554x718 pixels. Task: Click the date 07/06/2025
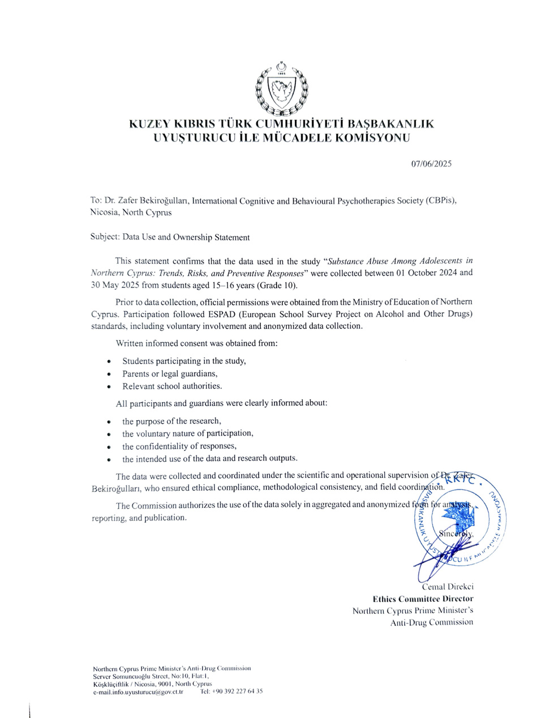[x=431, y=164]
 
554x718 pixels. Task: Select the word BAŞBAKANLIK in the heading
[x=390, y=124]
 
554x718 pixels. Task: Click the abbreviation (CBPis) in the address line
[x=441, y=200]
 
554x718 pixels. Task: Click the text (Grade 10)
[x=277, y=285]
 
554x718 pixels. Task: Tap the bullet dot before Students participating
[x=109, y=362]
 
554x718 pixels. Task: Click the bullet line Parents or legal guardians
[x=170, y=374]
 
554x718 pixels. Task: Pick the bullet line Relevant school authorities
[x=172, y=386]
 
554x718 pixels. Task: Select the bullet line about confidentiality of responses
[x=179, y=446]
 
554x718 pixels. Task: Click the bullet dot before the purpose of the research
[x=109, y=422]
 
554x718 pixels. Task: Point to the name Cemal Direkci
[x=448, y=587]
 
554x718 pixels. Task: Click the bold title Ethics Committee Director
[x=423, y=599]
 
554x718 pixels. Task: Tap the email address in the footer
[x=138, y=691]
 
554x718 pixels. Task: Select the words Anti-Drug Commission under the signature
[x=431, y=622]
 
